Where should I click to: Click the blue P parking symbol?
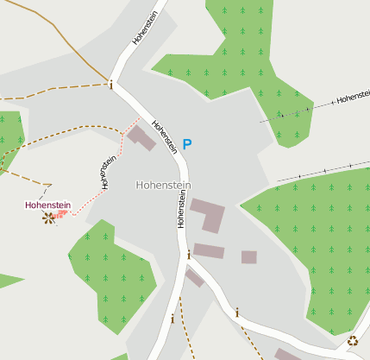coord(187,144)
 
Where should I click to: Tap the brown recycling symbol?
coord(353,341)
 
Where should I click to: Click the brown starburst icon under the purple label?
coord(48,218)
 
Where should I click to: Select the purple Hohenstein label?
coord(47,205)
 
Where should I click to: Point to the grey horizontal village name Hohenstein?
coord(163,186)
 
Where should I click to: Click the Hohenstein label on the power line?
coord(353,98)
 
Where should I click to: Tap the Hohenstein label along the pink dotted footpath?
coord(108,172)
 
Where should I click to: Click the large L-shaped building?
coord(208,214)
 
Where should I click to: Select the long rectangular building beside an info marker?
coord(209,251)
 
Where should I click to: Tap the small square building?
coord(249,257)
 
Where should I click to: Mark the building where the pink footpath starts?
coord(141,137)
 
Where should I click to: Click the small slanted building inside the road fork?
coord(195,277)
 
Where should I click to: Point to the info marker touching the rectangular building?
coord(189,255)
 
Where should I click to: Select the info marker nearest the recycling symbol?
coord(237,313)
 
